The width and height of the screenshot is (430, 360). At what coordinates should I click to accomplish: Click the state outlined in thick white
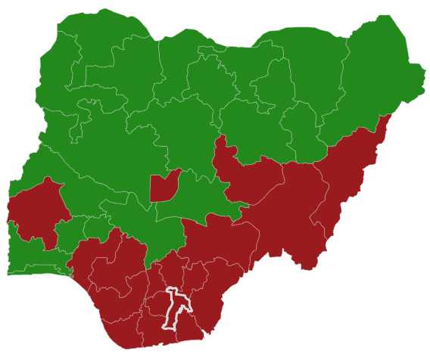(176, 309)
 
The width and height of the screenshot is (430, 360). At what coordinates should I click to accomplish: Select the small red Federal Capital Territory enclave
(163, 186)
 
